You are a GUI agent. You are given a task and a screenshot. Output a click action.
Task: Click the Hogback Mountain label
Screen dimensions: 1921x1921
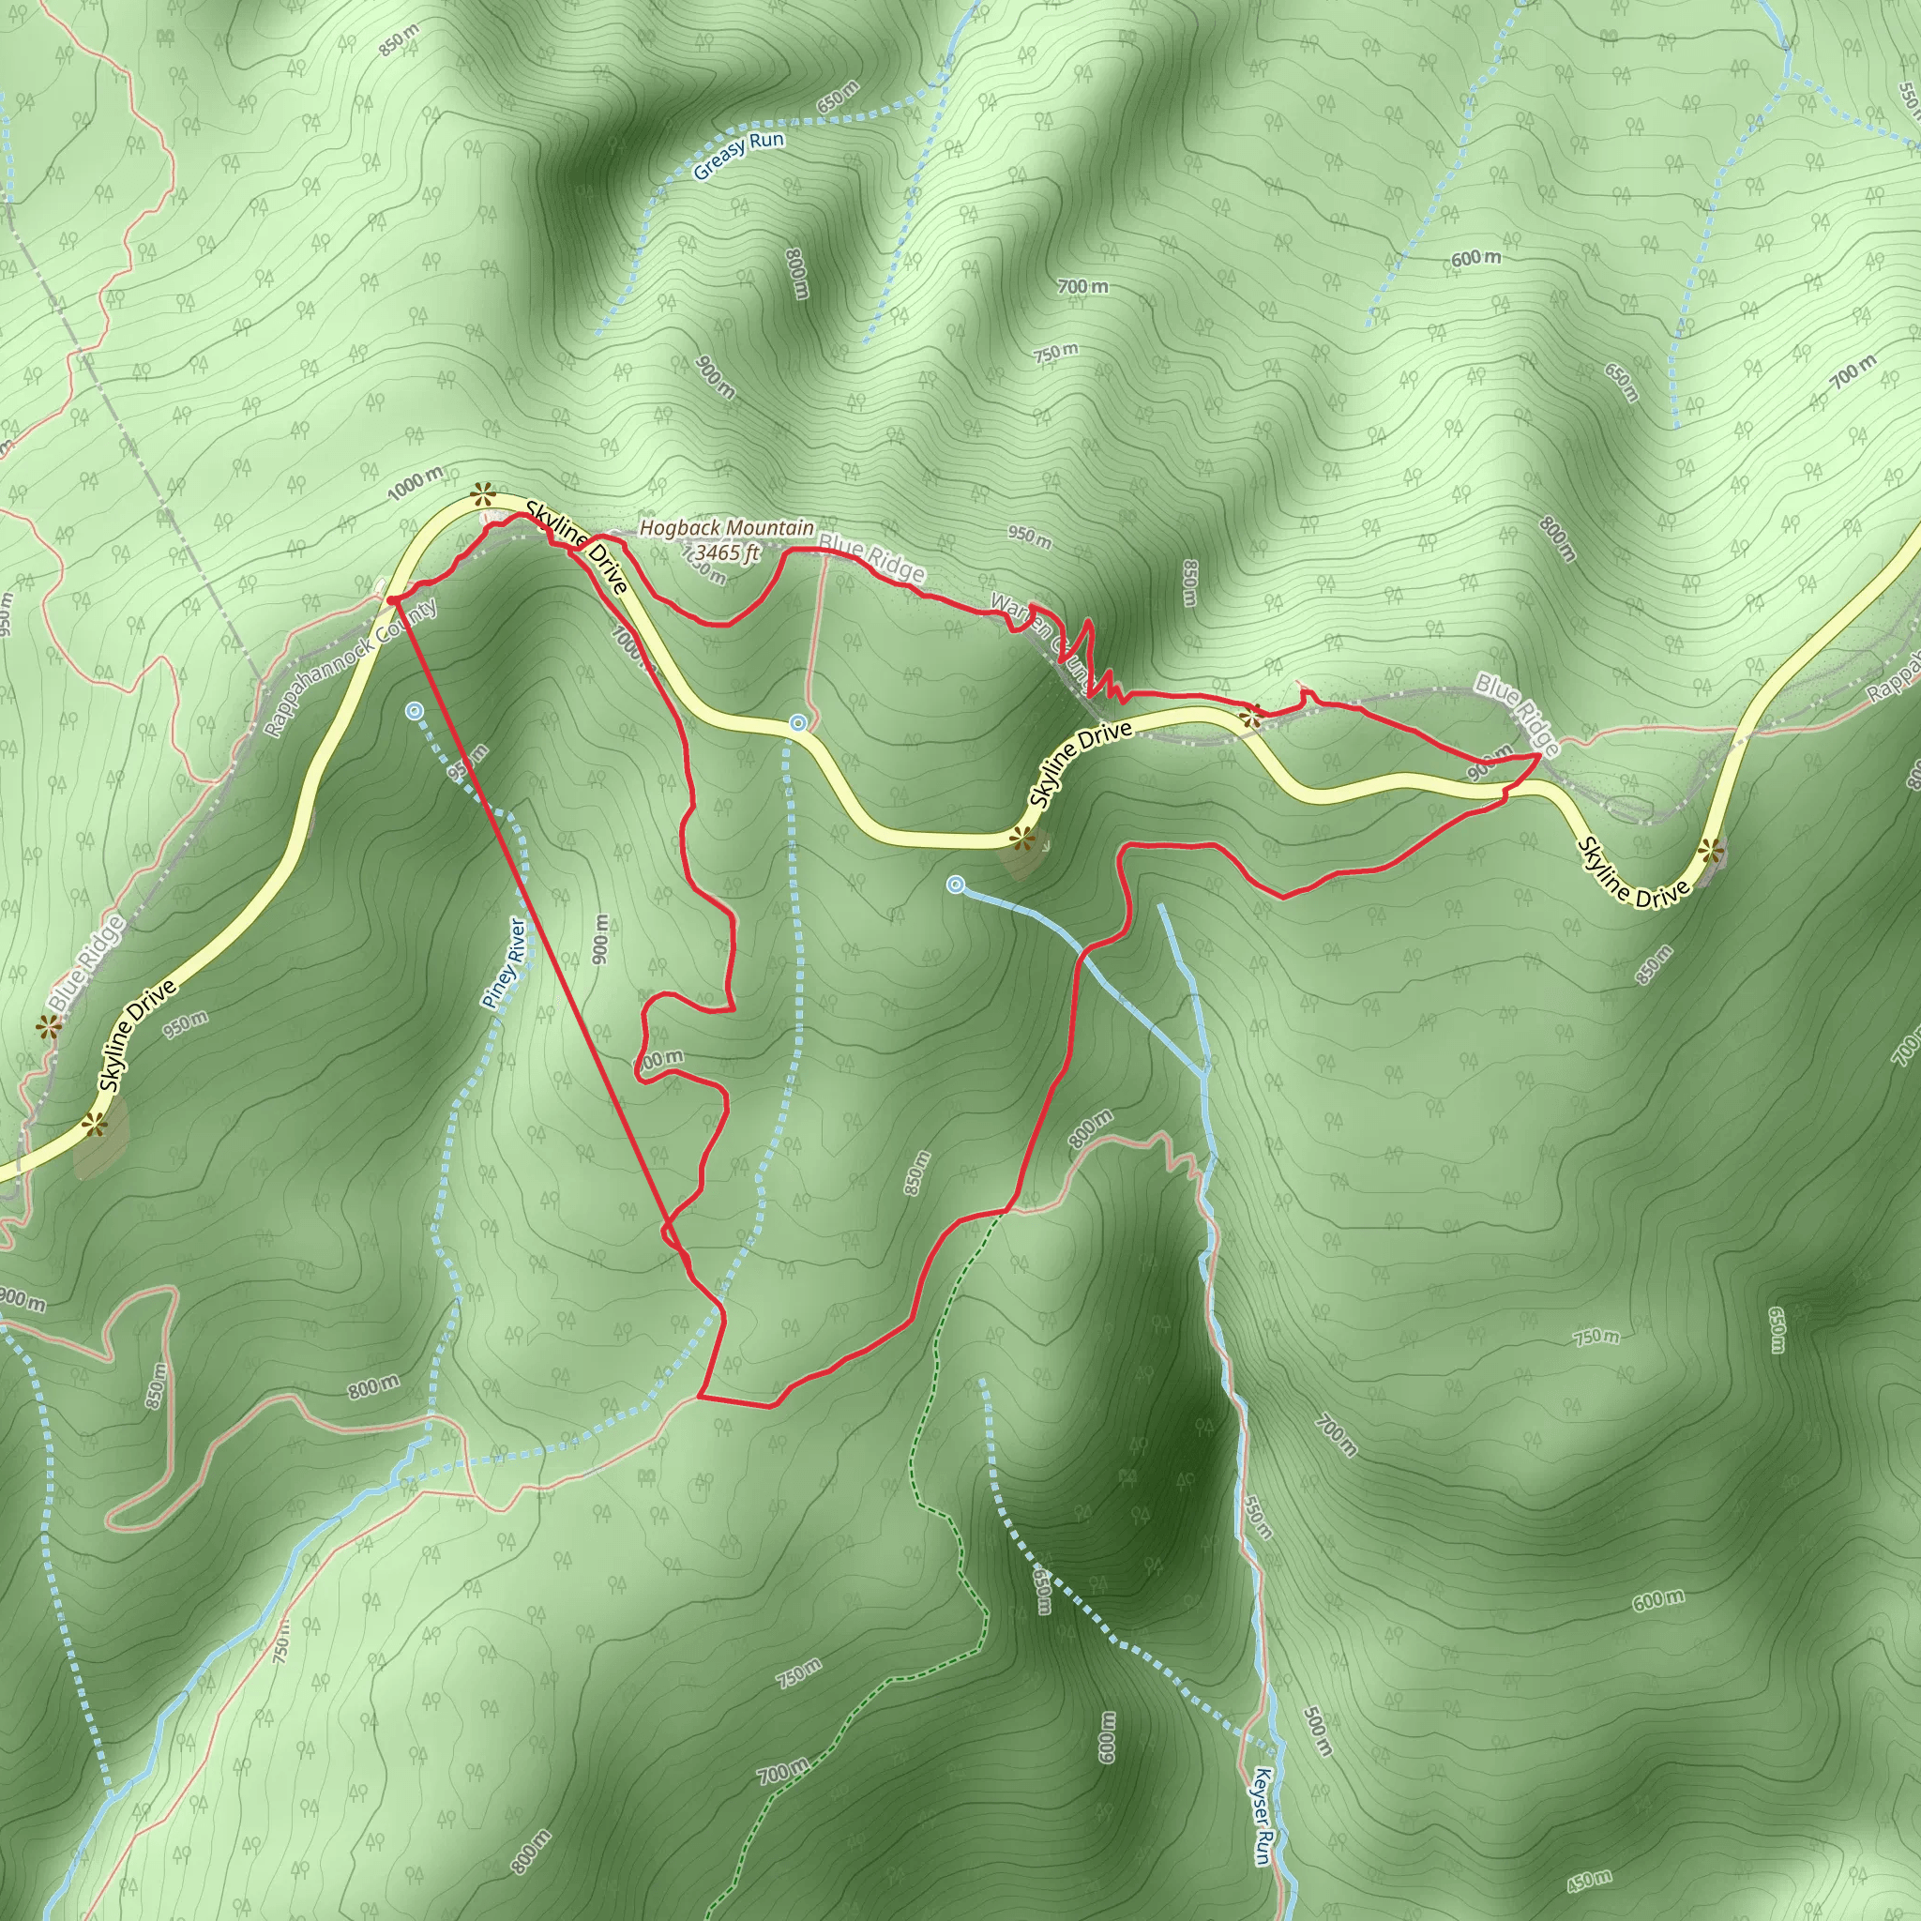point(726,528)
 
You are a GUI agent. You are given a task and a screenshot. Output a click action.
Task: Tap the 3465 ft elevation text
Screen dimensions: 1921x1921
point(727,552)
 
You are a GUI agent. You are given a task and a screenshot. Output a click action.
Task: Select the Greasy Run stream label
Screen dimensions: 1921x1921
point(738,156)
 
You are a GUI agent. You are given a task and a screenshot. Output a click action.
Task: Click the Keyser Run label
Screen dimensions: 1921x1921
point(1262,1816)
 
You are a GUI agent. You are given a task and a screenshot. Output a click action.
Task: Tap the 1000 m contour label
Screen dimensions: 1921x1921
point(416,483)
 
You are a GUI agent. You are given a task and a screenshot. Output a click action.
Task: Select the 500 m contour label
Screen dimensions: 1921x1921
point(1315,1732)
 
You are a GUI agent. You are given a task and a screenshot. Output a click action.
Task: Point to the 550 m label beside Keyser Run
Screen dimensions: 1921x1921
point(1256,1516)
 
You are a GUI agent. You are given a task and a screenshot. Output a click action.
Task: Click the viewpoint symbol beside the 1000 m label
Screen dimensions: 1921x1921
point(483,492)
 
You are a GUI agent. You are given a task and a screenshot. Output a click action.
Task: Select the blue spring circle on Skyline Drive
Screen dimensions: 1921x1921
point(797,724)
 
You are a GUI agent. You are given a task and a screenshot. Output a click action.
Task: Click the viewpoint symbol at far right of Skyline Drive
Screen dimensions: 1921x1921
point(1709,850)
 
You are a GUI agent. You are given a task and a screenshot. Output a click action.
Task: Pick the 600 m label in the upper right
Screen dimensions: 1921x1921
point(1475,259)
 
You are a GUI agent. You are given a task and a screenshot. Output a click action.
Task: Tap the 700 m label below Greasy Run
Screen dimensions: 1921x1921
point(1082,287)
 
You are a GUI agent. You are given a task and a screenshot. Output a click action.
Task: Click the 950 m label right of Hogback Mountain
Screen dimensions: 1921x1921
point(1029,537)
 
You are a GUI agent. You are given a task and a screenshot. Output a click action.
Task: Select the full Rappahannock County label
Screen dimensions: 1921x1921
point(351,667)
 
